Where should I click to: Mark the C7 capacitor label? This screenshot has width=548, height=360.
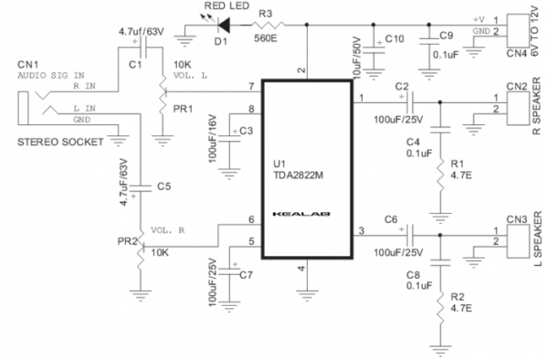tap(245, 274)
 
